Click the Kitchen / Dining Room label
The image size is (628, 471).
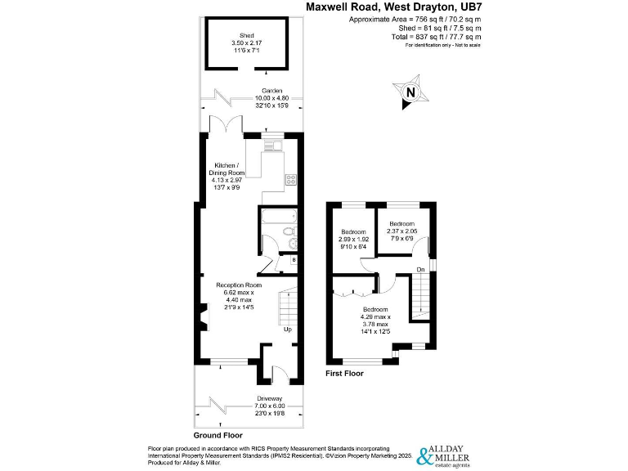point(225,173)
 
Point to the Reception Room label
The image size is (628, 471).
point(239,296)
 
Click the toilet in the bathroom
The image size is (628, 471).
point(288,234)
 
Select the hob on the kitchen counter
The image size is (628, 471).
point(289,179)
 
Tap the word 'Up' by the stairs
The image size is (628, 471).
point(287,330)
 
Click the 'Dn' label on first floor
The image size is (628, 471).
point(419,269)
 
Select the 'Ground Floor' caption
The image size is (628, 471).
point(217,435)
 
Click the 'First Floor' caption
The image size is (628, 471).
point(345,373)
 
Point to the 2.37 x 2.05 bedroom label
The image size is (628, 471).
point(402,227)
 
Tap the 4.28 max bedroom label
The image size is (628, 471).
point(376,320)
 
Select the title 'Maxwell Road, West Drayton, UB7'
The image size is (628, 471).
point(393,7)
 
